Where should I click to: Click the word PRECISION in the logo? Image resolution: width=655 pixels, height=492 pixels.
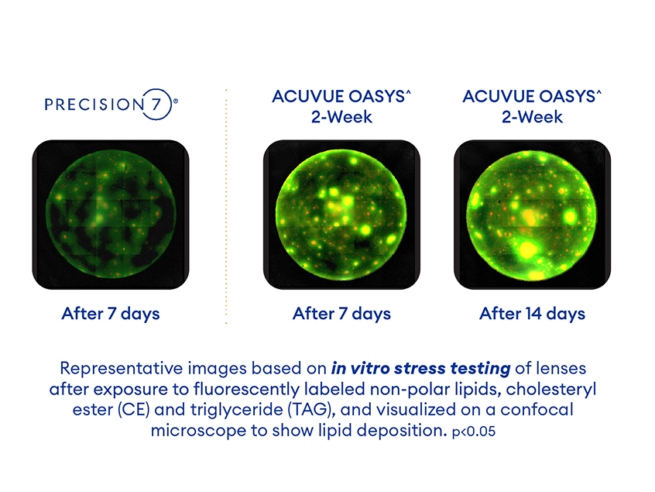click(x=94, y=105)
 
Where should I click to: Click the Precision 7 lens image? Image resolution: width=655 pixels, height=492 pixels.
click(x=110, y=215)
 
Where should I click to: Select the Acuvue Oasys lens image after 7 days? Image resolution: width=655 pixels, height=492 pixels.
click(x=341, y=215)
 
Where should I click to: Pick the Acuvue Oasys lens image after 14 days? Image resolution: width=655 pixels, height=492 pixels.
click(x=532, y=215)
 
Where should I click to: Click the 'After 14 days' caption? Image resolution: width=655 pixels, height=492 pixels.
click(x=532, y=314)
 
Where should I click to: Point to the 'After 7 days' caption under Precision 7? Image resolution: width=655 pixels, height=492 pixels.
click(x=110, y=314)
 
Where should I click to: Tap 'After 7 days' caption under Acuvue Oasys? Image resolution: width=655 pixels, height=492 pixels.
click(x=341, y=314)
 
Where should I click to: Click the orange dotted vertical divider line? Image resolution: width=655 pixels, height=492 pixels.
click(x=226, y=205)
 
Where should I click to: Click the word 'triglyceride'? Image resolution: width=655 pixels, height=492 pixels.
click(x=216, y=409)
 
